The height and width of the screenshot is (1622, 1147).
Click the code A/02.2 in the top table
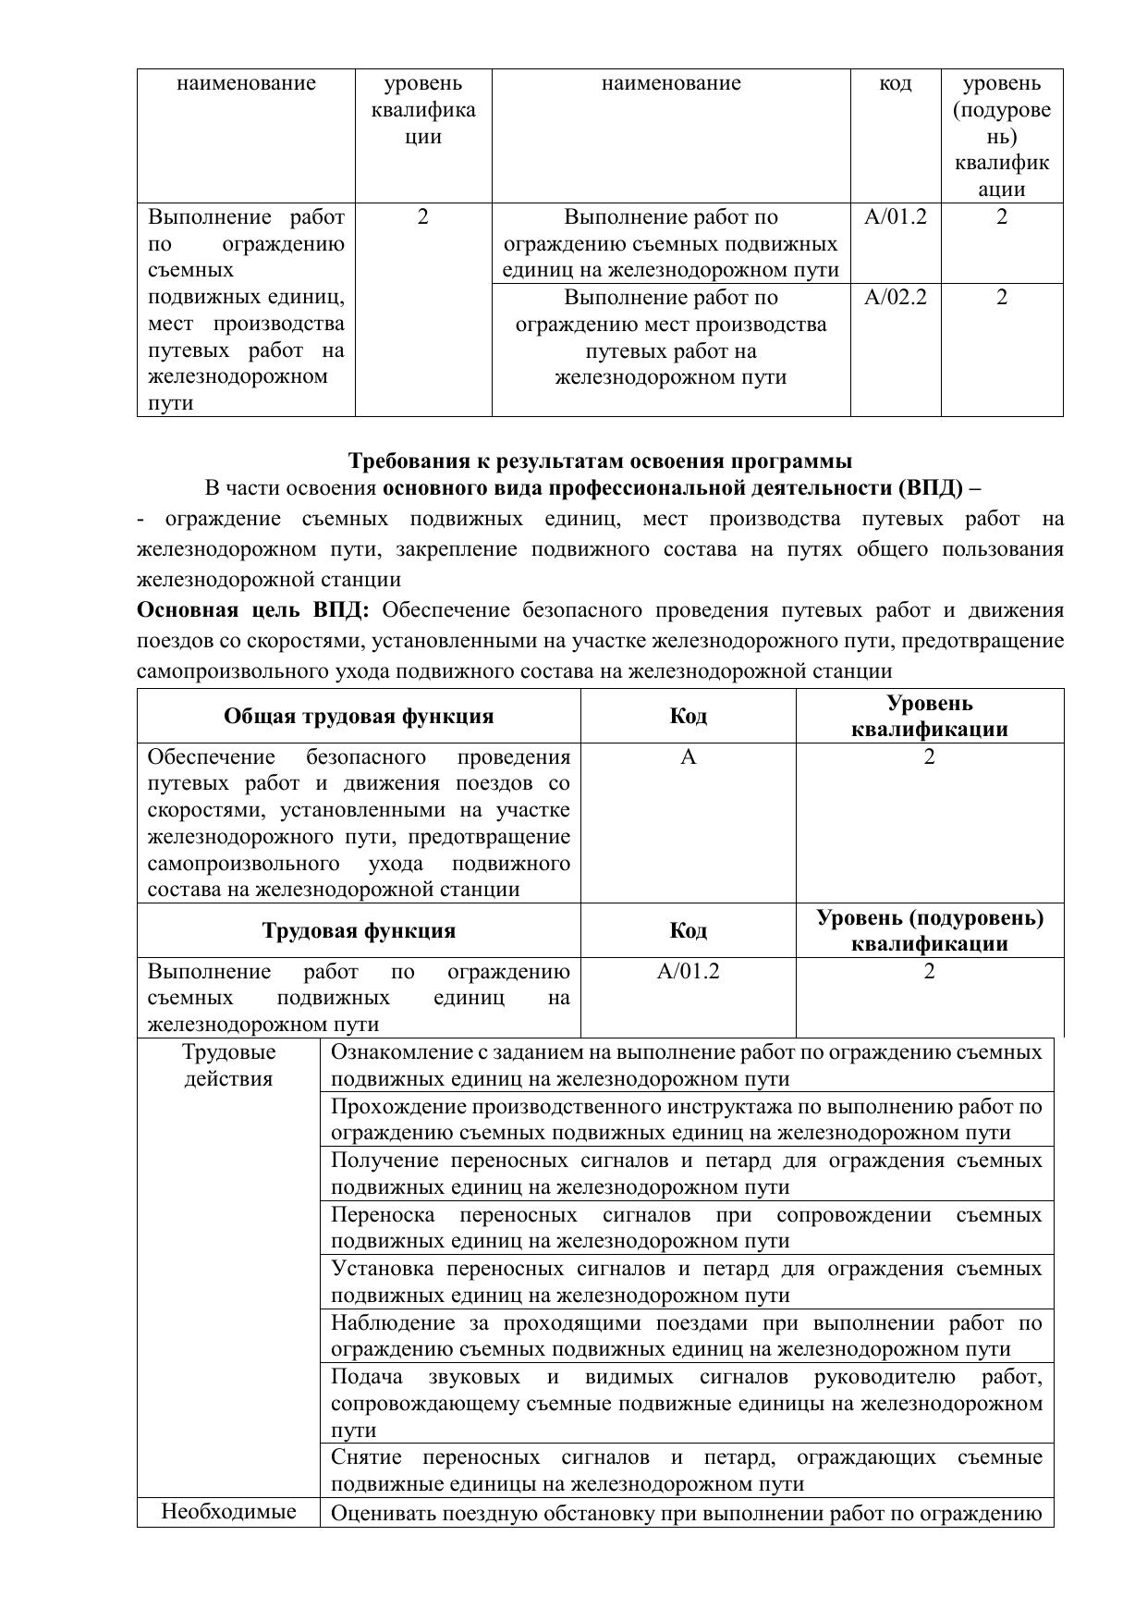click(895, 298)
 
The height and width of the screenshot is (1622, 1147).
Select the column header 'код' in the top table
click(895, 84)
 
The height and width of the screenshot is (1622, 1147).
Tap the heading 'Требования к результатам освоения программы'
click(600, 461)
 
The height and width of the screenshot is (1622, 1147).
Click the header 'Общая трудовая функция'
click(359, 717)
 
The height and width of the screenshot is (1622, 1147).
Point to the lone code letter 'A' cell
click(688, 757)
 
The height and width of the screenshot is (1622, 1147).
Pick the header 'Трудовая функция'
click(359, 930)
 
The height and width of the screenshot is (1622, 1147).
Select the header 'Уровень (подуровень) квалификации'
click(929, 930)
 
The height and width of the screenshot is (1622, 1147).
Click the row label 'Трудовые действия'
click(228, 1065)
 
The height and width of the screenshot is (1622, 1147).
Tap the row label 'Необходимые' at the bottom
click(228, 1511)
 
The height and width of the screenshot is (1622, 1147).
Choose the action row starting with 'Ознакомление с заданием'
click(686, 1065)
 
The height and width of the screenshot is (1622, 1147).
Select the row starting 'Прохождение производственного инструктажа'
click(686, 1120)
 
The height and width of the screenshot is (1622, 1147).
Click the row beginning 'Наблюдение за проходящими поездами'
click(686, 1336)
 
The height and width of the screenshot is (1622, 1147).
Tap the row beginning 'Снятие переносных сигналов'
click(686, 1471)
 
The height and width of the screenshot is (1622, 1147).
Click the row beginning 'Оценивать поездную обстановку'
click(686, 1514)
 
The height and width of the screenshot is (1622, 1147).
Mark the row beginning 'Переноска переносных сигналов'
click(686, 1228)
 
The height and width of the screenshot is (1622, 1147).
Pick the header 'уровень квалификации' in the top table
click(423, 110)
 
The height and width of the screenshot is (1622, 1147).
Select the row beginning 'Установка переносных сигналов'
click(686, 1282)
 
